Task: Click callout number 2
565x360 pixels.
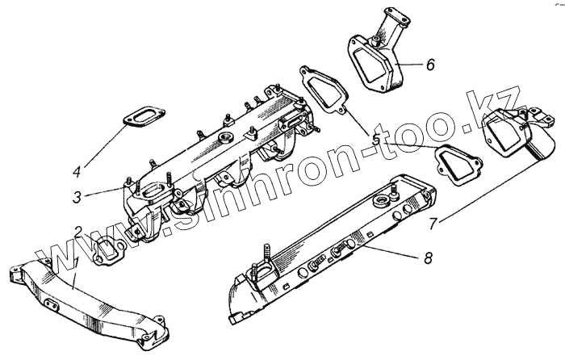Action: [x=78, y=232]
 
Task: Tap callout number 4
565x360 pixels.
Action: [x=77, y=171]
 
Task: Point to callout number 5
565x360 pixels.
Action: [x=376, y=139]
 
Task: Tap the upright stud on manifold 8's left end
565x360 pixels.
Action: [x=264, y=260]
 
